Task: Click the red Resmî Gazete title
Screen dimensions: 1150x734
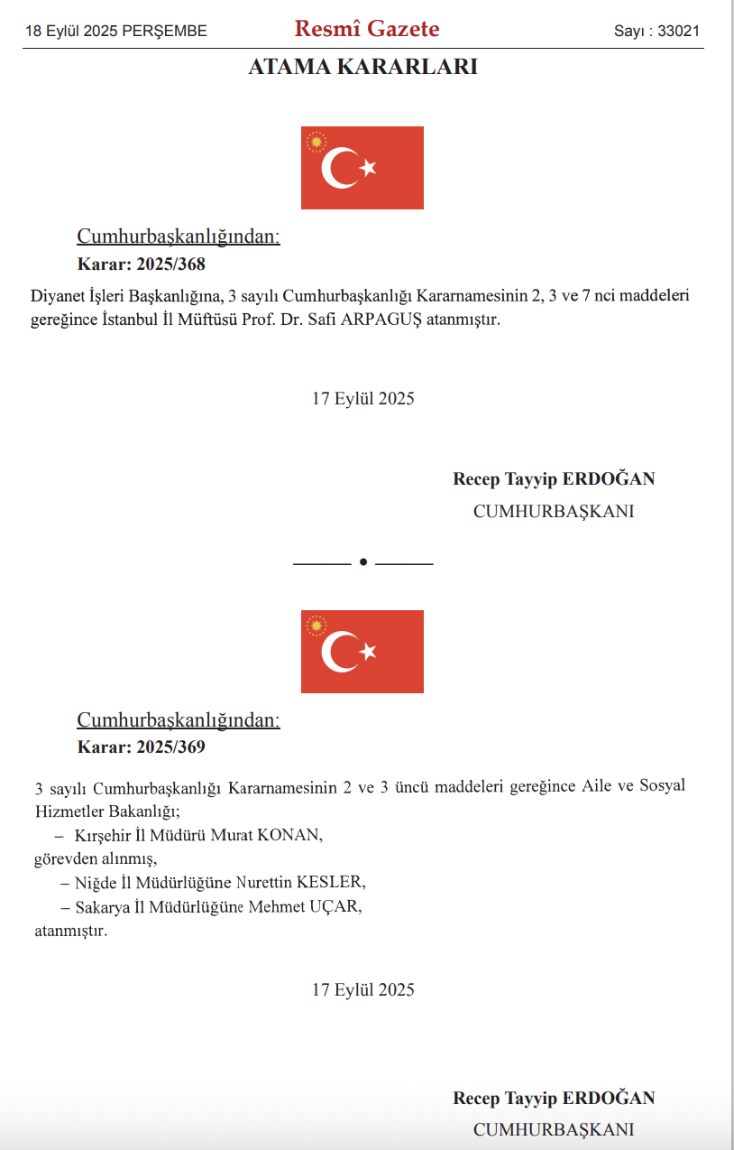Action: pos(367,29)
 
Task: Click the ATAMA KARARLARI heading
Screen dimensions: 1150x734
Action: pos(362,66)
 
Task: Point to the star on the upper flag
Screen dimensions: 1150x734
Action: pos(368,168)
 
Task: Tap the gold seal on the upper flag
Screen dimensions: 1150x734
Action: pos(316,142)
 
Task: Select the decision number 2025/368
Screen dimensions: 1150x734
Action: pos(170,264)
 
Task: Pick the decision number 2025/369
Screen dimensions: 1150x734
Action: pos(170,747)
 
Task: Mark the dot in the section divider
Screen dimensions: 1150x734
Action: pos(363,561)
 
